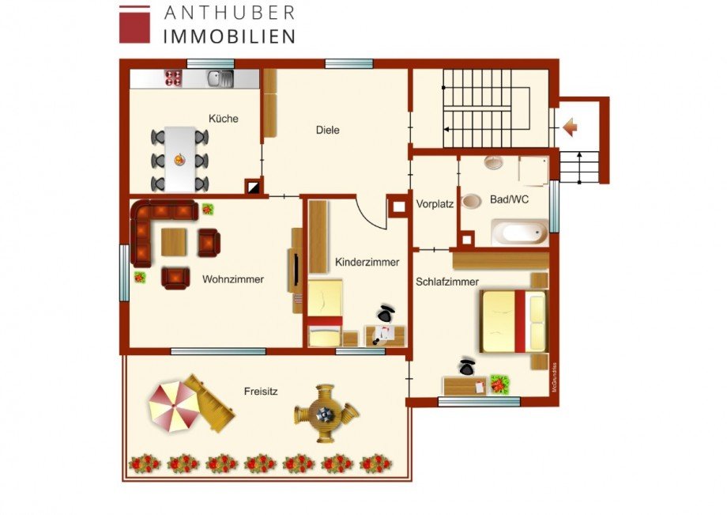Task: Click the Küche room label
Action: pyautogui.click(x=223, y=119)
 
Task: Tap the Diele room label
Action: pyautogui.click(x=327, y=130)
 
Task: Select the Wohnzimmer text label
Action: pyautogui.click(x=232, y=279)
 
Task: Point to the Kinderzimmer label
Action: pyautogui.click(x=367, y=262)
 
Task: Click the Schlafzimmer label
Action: pyautogui.click(x=447, y=282)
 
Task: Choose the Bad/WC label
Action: pyautogui.click(x=509, y=201)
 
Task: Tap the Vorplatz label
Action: pyautogui.click(x=435, y=203)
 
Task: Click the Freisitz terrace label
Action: pyautogui.click(x=261, y=390)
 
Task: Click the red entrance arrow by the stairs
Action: pyautogui.click(x=571, y=127)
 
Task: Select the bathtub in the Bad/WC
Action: pyautogui.click(x=519, y=233)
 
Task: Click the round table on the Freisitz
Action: pyautogui.click(x=326, y=413)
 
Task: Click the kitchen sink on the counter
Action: pyautogui.click(x=219, y=78)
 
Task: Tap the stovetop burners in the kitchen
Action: pyautogui.click(x=172, y=78)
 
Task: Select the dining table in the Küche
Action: pyautogui.click(x=179, y=159)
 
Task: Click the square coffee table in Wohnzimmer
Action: pyautogui.click(x=175, y=241)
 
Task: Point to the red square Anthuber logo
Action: pyautogui.click(x=134, y=25)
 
